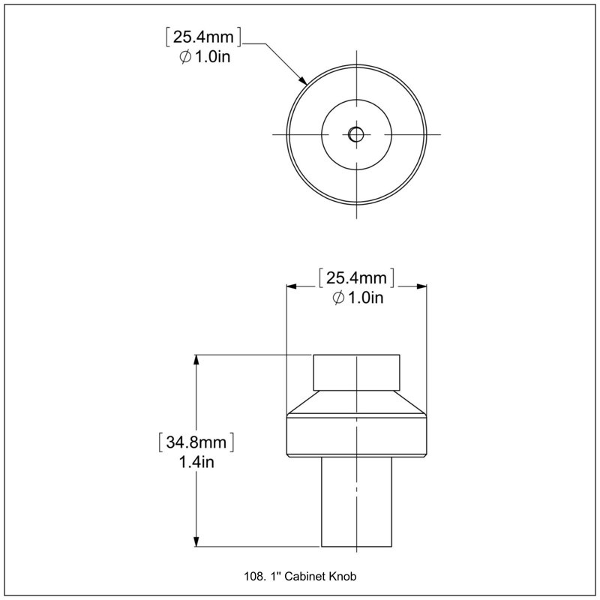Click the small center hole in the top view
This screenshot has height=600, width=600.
pyautogui.click(x=356, y=134)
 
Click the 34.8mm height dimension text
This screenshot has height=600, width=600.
pyautogui.click(x=196, y=442)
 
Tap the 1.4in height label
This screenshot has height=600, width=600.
pyautogui.click(x=196, y=462)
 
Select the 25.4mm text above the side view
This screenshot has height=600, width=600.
pyautogui.click(x=356, y=277)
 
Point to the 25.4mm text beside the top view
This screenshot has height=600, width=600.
pyautogui.click(x=203, y=37)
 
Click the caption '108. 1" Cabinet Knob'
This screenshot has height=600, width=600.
pyautogui.click(x=300, y=576)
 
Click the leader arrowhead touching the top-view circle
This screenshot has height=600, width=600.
pyautogui.click(x=303, y=80)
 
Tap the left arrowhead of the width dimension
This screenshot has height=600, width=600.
pyautogui.click(x=292, y=286)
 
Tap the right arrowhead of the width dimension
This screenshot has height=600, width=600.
pyautogui.click(x=421, y=286)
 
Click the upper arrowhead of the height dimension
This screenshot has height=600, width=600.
pyautogui.click(x=196, y=360)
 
